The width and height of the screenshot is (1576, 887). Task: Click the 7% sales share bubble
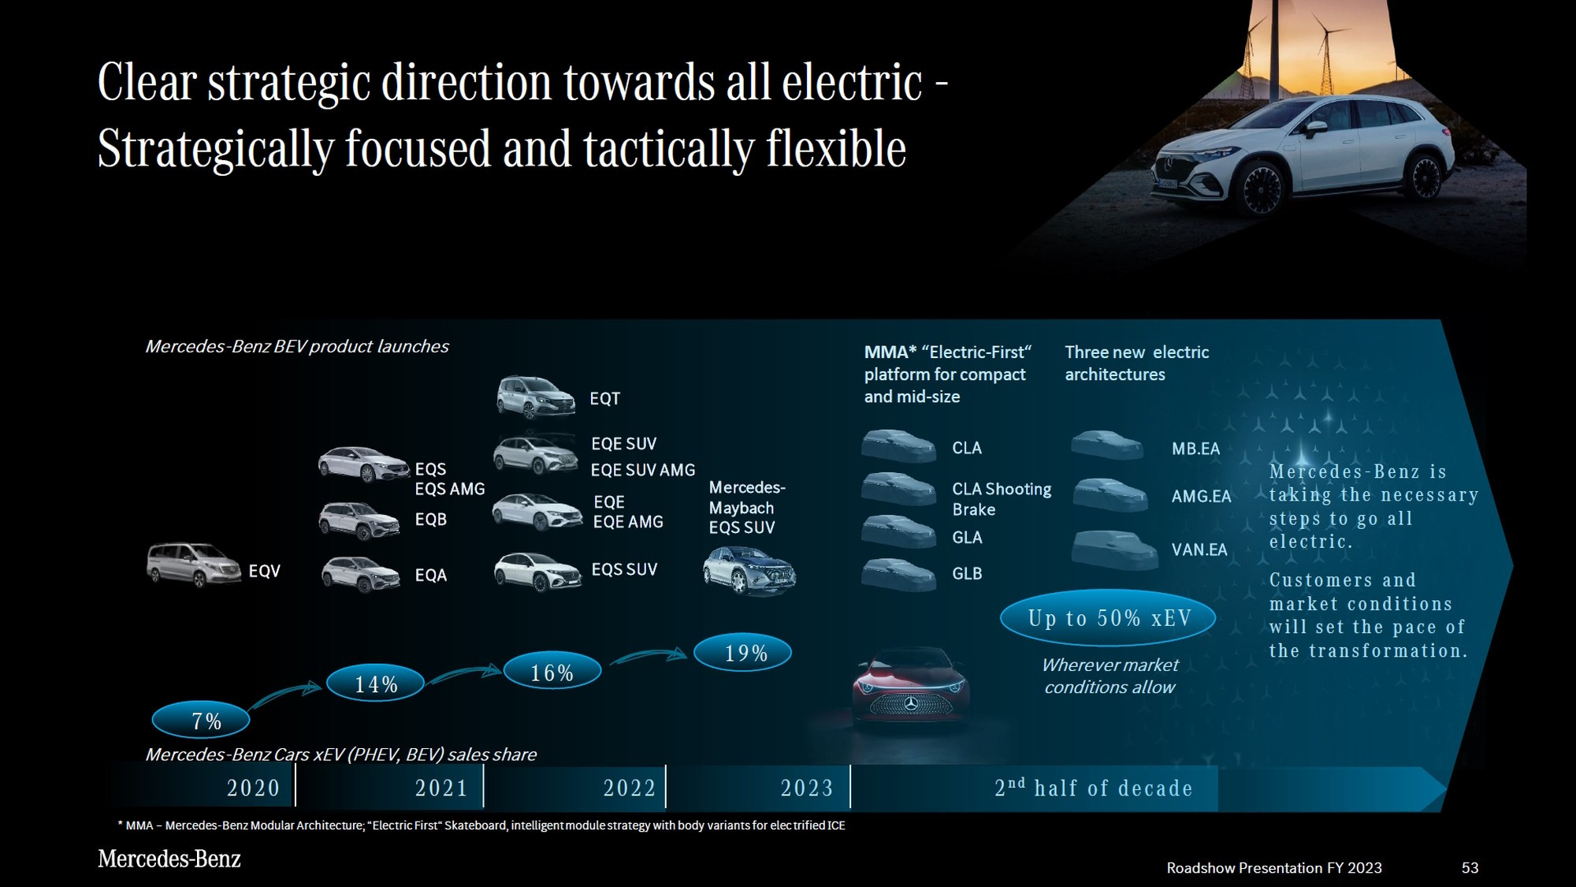click(x=201, y=720)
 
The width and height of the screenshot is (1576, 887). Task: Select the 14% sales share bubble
click(x=375, y=684)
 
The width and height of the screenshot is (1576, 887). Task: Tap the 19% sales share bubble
click(x=742, y=653)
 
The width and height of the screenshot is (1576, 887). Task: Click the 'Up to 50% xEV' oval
click(x=1108, y=618)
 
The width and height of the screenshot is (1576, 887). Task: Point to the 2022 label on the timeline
click(x=629, y=788)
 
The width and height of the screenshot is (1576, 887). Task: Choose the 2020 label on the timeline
click(x=253, y=788)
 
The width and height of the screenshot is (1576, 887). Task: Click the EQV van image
click(x=194, y=565)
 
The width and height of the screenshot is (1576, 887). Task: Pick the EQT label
click(x=604, y=399)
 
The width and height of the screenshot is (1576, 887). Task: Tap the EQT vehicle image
click(x=536, y=397)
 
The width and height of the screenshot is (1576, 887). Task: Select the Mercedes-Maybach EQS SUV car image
click(x=749, y=570)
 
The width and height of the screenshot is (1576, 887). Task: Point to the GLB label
click(x=967, y=574)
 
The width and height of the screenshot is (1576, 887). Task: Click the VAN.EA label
click(x=1199, y=550)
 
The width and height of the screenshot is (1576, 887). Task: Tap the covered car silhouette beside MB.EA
click(x=1107, y=445)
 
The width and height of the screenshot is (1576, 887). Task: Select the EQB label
click(x=430, y=520)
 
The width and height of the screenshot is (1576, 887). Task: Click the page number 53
click(x=1470, y=868)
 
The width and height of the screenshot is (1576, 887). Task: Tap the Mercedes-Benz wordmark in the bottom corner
click(x=169, y=859)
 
